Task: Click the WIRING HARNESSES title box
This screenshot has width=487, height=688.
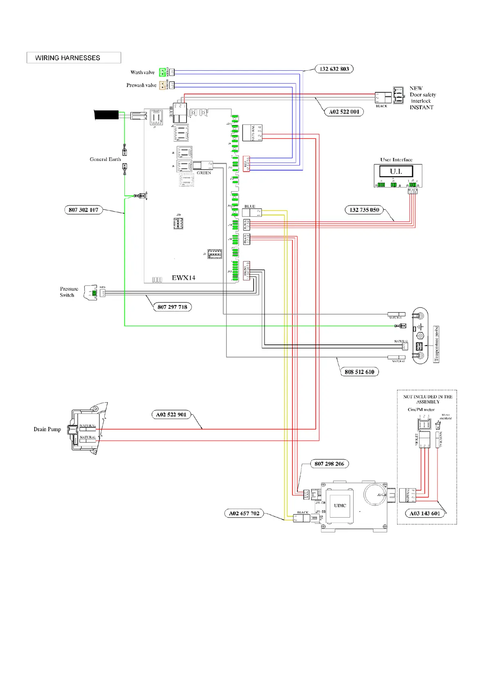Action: click(x=74, y=58)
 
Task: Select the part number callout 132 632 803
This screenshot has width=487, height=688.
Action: click(x=334, y=69)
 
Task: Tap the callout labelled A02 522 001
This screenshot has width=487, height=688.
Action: click(x=344, y=112)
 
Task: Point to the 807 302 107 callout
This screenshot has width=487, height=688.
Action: click(x=83, y=210)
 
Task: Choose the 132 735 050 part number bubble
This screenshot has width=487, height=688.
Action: click(x=364, y=210)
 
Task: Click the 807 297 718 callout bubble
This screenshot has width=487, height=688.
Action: click(x=172, y=307)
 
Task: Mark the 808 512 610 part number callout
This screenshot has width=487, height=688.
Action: click(x=359, y=372)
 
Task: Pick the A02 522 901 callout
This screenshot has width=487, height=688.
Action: click(x=171, y=414)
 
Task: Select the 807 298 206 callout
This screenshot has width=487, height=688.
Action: click(x=329, y=464)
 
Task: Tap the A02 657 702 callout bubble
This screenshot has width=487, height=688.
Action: click(x=244, y=514)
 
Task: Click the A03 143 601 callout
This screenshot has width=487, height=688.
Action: click(x=425, y=514)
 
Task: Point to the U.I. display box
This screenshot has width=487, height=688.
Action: click(x=396, y=171)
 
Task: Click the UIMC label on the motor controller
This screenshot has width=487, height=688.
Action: click(x=340, y=505)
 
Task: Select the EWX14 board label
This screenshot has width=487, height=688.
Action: click(x=183, y=278)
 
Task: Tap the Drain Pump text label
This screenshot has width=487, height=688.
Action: click(x=47, y=429)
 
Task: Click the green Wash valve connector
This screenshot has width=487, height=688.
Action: click(x=162, y=72)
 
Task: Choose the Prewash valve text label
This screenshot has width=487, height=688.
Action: click(x=141, y=85)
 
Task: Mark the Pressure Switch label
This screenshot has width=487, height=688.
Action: click(x=69, y=292)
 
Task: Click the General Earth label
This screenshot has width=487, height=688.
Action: click(x=105, y=159)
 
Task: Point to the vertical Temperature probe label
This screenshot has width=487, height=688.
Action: click(x=436, y=344)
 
